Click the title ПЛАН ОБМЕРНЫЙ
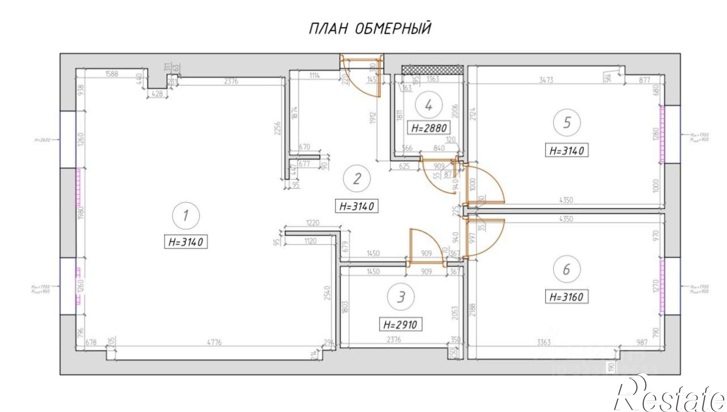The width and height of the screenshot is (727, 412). (370, 28)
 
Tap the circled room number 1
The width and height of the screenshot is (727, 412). (186, 215)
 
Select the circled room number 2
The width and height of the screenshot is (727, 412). (357, 179)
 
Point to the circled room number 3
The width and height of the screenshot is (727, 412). (401, 297)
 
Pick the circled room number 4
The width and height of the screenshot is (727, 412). (429, 105)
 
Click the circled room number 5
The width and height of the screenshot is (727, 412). (567, 123)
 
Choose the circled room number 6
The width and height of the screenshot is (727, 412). (566, 269)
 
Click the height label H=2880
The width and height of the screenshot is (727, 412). (429, 128)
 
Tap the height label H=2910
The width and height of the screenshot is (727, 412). (400, 324)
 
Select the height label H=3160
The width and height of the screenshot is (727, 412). (566, 297)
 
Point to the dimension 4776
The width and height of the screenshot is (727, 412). (214, 342)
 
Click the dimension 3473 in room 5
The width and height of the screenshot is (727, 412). (546, 80)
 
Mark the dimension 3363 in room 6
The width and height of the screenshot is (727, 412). (544, 342)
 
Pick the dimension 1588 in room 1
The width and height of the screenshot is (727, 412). (112, 74)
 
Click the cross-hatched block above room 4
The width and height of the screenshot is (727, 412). (433, 69)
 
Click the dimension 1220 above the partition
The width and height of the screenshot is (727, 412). (313, 223)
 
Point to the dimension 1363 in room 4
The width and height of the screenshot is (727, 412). (433, 79)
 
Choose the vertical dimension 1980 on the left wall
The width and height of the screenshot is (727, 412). (81, 212)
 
